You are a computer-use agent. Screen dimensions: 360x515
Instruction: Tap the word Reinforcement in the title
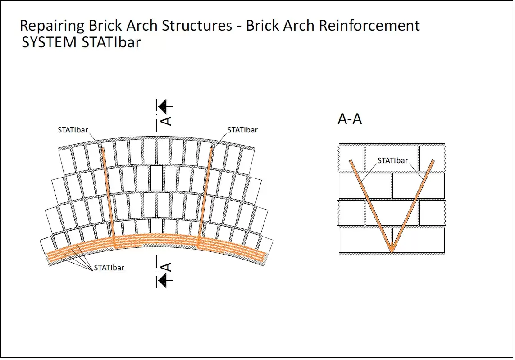pos(369,26)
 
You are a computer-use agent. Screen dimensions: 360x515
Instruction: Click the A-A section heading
pos(350,119)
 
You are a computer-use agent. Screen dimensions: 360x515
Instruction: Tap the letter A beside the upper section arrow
pos(166,120)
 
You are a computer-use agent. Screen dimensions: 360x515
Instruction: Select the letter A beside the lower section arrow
pos(166,267)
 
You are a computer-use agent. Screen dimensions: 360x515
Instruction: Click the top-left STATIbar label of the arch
pos(73,130)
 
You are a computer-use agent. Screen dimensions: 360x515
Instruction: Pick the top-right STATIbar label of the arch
pos(242,130)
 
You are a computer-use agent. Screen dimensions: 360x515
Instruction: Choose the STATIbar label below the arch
pos(109,268)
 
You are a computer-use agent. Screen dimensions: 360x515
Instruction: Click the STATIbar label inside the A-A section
pos(392,160)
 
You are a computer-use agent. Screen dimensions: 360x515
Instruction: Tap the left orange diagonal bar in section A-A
pos(369,205)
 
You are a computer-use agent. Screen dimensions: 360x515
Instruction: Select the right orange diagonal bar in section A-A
pos(413,205)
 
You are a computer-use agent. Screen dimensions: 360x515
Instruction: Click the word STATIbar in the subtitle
pos(112,42)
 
